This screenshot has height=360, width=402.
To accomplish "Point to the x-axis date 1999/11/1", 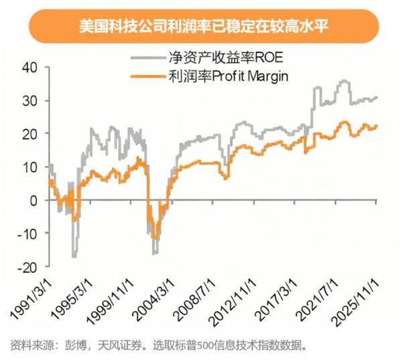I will [115, 298].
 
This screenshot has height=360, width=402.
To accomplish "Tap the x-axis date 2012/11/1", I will [243, 298].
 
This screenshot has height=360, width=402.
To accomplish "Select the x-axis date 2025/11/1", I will [372, 298].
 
